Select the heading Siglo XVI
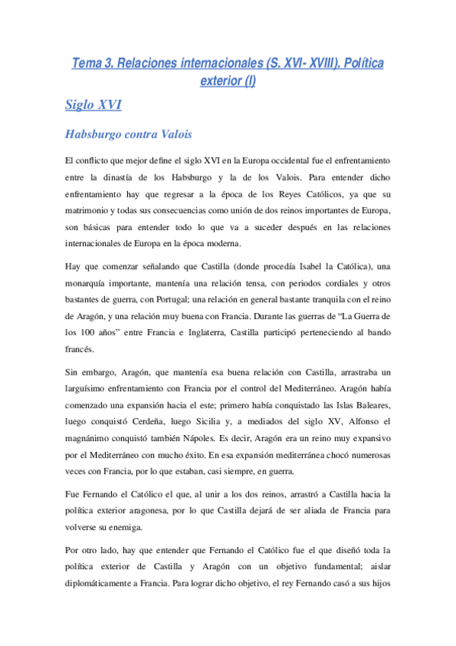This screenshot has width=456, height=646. [x=93, y=105]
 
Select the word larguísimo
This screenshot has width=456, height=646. [x=92, y=387]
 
